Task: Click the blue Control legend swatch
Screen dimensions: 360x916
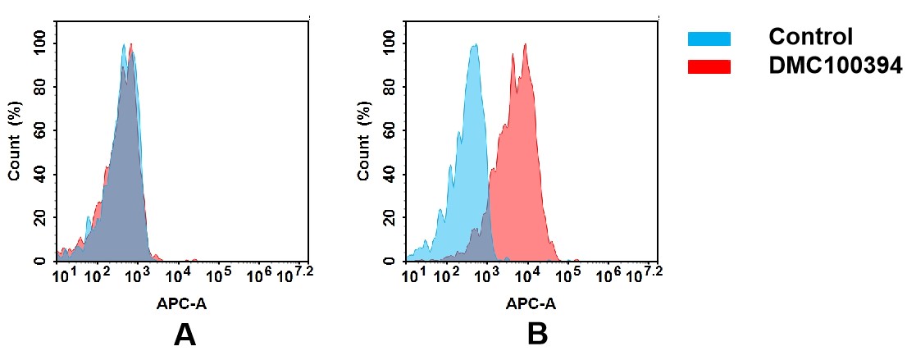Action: coord(709,39)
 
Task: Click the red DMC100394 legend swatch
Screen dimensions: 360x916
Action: coord(709,67)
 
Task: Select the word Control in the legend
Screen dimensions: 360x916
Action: coord(810,37)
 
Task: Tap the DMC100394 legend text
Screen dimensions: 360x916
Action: coord(835,66)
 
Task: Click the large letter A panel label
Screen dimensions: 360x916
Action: coord(185,335)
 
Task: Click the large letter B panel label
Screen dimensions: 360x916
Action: coord(537,335)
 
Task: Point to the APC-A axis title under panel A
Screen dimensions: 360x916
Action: coord(181,303)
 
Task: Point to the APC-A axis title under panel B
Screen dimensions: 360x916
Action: coord(531,303)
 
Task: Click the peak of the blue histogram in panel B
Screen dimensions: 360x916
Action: coord(474,46)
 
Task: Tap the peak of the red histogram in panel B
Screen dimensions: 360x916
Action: coord(525,46)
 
